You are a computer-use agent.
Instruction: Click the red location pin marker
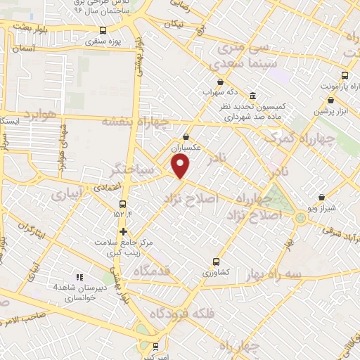click(x=181, y=166)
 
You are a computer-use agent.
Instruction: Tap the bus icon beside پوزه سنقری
click(x=103, y=30)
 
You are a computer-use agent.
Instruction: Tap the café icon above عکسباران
click(x=186, y=137)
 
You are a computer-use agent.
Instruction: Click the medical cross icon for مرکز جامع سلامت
click(x=123, y=231)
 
